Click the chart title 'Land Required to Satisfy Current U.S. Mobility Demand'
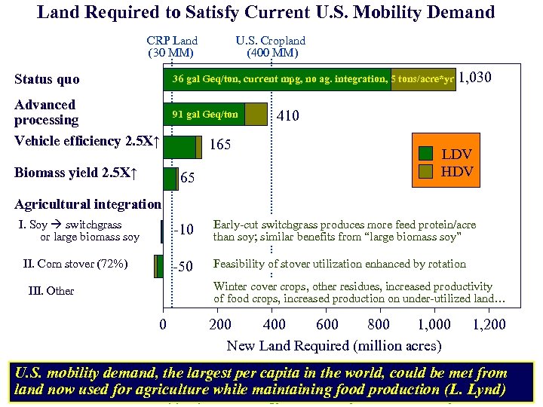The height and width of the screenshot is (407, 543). (x=265, y=12)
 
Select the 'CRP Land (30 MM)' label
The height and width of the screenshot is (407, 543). (x=172, y=47)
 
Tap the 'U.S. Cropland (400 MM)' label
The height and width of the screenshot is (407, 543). (x=271, y=47)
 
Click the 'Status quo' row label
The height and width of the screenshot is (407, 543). (x=47, y=79)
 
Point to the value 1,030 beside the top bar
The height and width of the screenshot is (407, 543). (x=475, y=79)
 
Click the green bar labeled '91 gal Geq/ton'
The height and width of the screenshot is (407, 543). (x=204, y=115)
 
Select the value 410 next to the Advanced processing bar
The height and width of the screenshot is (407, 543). (x=287, y=115)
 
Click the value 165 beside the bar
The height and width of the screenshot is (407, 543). (x=220, y=144)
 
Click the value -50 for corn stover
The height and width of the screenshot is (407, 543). (x=184, y=266)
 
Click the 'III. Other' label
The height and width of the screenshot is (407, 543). (x=51, y=291)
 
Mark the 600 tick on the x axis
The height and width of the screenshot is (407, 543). (x=327, y=325)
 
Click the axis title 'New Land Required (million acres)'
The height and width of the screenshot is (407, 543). (x=333, y=346)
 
